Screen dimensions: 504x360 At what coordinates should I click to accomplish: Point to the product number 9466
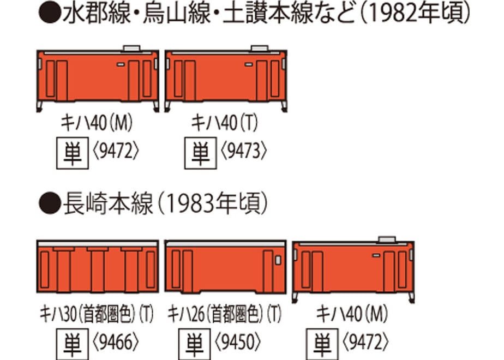(x=116, y=342)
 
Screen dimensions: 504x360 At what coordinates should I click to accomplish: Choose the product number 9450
(x=238, y=342)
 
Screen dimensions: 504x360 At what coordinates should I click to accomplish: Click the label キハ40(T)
(x=224, y=123)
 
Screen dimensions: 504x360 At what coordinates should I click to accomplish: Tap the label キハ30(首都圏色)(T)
(x=97, y=314)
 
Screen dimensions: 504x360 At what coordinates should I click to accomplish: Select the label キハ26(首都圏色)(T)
(x=224, y=314)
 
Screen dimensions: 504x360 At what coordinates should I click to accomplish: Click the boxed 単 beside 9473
(x=201, y=153)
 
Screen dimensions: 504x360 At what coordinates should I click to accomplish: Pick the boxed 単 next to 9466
(x=73, y=344)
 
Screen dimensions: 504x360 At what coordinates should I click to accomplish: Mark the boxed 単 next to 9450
(x=195, y=344)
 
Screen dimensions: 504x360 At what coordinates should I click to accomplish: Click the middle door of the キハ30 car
(x=98, y=269)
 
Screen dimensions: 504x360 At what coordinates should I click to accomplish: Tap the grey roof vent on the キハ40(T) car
(x=260, y=49)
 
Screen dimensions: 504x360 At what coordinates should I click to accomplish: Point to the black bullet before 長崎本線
(x=49, y=203)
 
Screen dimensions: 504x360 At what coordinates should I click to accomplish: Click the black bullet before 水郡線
(x=49, y=13)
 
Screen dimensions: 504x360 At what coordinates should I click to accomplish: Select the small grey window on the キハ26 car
(x=278, y=260)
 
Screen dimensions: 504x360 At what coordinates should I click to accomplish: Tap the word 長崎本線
(x=108, y=204)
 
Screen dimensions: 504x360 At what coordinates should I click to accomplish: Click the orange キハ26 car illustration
(x=225, y=267)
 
